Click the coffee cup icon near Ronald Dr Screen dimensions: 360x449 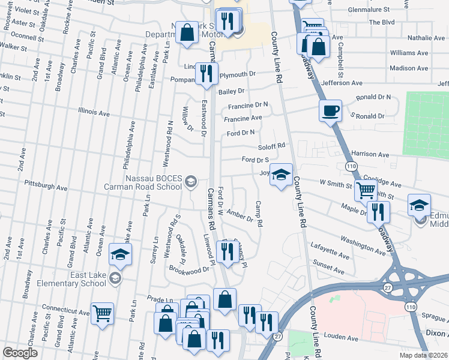click(x=330, y=111)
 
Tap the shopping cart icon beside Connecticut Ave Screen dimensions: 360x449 click(x=103, y=313)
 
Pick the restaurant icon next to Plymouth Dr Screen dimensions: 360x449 click(x=206, y=74)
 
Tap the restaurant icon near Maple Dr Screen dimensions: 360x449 click(x=378, y=212)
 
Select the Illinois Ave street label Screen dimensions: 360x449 click(x=94, y=112)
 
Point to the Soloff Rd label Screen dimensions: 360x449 click(x=271, y=145)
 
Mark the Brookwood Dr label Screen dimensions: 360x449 click(x=188, y=269)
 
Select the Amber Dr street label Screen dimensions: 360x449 click(x=239, y=215)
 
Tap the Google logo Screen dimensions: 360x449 click(x=20, y=353)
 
